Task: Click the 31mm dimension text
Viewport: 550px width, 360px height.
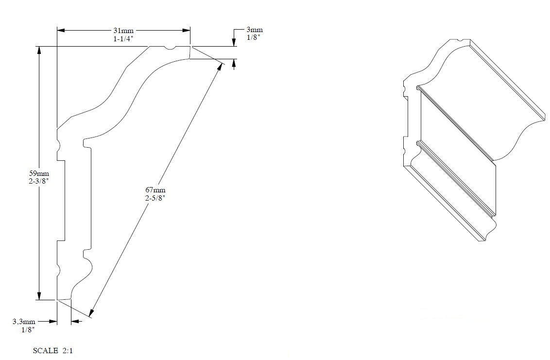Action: pos(123,31)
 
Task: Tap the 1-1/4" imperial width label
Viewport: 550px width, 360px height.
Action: pos(123,39)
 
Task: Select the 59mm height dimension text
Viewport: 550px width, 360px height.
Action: pos(39,173)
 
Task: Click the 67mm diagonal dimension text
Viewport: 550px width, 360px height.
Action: pos(155,190)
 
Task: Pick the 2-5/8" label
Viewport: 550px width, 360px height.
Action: pos(155,198)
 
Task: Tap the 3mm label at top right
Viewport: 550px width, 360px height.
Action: pos(254,30)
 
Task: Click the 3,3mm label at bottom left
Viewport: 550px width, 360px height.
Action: pos(24,322)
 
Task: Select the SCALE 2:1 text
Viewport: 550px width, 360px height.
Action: pos(53,351)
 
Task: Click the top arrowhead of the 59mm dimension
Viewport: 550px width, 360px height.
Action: pos(39,51)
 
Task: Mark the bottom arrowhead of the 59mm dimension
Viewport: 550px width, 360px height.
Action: pos(39,296)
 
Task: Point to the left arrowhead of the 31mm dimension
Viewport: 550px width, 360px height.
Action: pos(61,31)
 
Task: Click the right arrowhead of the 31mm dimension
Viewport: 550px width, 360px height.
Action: pos(186,31)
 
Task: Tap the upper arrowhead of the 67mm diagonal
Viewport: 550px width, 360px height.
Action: pos(221,67)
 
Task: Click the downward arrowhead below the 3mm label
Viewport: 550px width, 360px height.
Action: pos(234,42)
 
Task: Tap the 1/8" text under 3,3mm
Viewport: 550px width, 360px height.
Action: pos(28,329)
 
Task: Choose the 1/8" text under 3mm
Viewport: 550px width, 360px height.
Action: pos(254,37)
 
